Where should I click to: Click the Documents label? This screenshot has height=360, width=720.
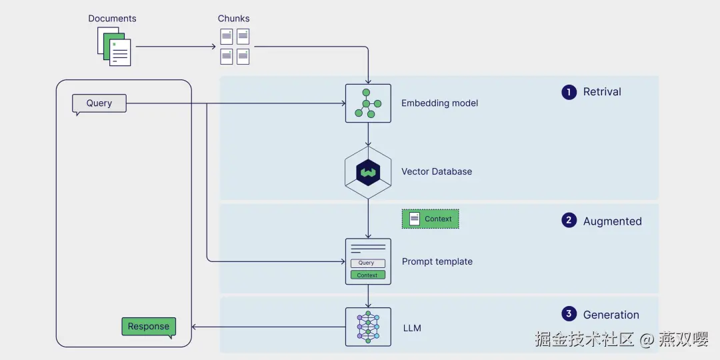[112, 18]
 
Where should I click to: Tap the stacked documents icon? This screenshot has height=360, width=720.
[114, 47]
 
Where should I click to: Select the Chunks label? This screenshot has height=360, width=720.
[234, 18]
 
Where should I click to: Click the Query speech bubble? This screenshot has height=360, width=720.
[99, 103]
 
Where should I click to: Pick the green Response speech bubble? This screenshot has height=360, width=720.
[149, 326]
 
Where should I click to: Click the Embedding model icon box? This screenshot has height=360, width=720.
[368, 103]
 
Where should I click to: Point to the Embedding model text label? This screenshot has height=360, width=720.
[439, 103]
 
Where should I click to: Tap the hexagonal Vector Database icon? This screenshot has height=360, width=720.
[368, 172]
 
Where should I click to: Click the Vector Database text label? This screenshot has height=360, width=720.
[437, 171]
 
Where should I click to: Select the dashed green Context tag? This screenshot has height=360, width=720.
[431, 219]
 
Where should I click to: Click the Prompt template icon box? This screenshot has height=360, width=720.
[368, 261]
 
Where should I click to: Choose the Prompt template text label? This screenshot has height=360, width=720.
[437, 261]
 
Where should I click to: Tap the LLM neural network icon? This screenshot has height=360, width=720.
[368, 327]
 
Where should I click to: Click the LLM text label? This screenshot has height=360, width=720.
[412, 328]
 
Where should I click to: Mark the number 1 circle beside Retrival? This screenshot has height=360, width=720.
[569, 92]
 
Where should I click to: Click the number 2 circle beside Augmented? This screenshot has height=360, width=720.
[569, 221]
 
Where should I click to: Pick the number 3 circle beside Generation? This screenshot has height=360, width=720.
[569, 314]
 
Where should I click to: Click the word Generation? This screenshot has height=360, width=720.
[611, 315]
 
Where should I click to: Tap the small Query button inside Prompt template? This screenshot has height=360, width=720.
[367, 263]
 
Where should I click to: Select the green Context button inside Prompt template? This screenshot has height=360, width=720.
[367, 275]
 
